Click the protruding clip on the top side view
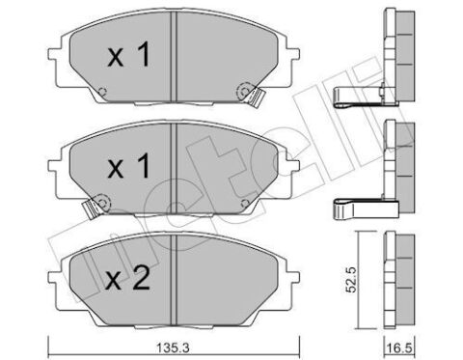click(359, 94)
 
